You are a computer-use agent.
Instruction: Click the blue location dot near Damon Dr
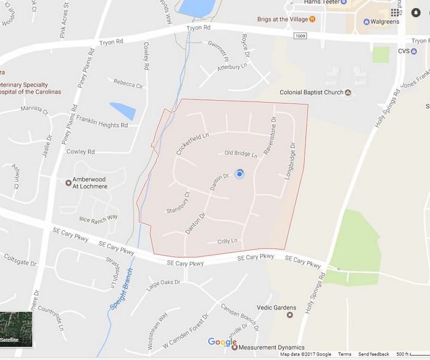[240, 174]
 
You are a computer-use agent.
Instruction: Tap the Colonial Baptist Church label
[311, 93]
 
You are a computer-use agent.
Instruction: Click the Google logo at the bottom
[222, 342]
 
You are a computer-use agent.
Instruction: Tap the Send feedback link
[373, 354]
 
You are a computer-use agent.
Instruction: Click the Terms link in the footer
[345, 354]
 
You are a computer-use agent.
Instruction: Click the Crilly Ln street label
[227, 241]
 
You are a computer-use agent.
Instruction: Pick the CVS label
[404, 51]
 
